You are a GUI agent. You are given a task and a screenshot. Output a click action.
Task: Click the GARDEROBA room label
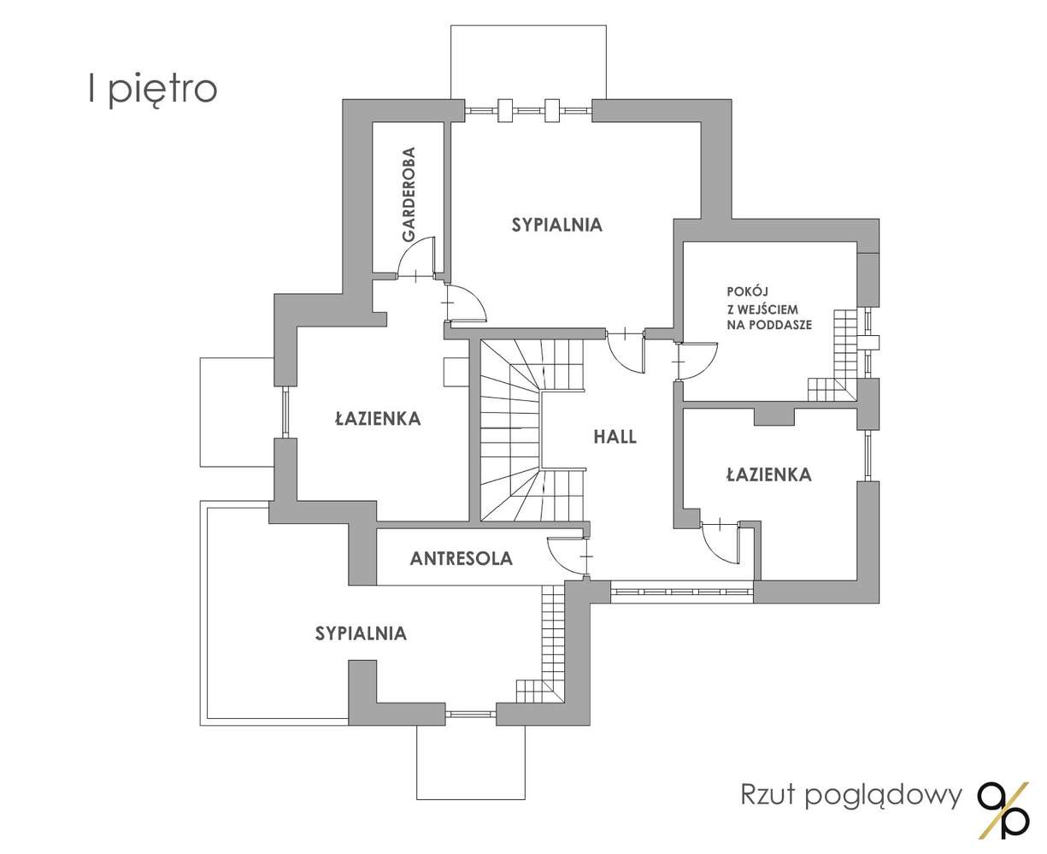click(409, 194)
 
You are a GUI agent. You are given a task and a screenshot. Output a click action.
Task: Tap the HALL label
click(615, 437)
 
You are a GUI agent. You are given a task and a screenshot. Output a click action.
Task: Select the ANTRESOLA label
click(462, 558)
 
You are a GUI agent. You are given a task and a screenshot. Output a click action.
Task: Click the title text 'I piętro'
click(153, 90)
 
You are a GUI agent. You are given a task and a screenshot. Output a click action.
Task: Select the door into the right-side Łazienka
click(721, 542)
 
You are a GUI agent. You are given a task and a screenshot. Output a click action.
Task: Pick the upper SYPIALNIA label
click(557, 225)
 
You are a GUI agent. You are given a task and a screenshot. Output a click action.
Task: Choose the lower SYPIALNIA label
click(361, 633)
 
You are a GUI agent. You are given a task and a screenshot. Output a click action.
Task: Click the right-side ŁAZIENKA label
click(769, 474)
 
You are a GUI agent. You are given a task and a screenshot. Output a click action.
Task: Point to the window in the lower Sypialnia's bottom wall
click(471, 715)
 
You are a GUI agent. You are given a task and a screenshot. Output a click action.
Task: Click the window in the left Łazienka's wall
click(285, 412)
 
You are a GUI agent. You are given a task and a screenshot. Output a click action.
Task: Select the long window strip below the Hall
click(681, 592)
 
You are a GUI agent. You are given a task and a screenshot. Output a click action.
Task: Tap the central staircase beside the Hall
click(532, 430)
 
